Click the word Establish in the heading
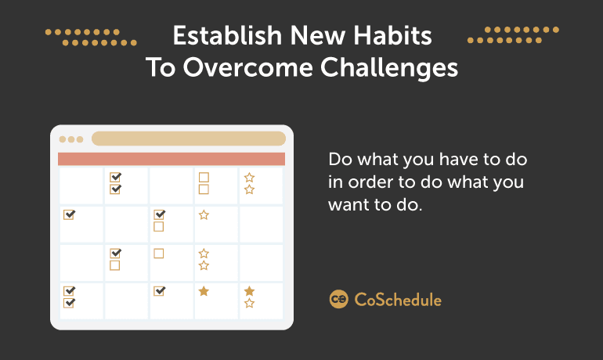coord(227,36)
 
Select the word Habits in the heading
coord(392,36)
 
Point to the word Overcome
coord(247,67)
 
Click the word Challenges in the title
coord(389,67)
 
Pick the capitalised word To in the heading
coord(161,67)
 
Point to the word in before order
coord(335,182)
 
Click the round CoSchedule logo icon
coord(338,299)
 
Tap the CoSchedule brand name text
coord(398,300)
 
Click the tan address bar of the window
coord(189,139)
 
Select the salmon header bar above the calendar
coord(172,159)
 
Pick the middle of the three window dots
coord(71,139)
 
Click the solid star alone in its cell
coord(204,291)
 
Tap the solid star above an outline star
coord(249,291)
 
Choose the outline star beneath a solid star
coord(249,303)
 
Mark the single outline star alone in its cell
coord(204,214)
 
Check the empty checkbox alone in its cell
coord(159,254)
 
